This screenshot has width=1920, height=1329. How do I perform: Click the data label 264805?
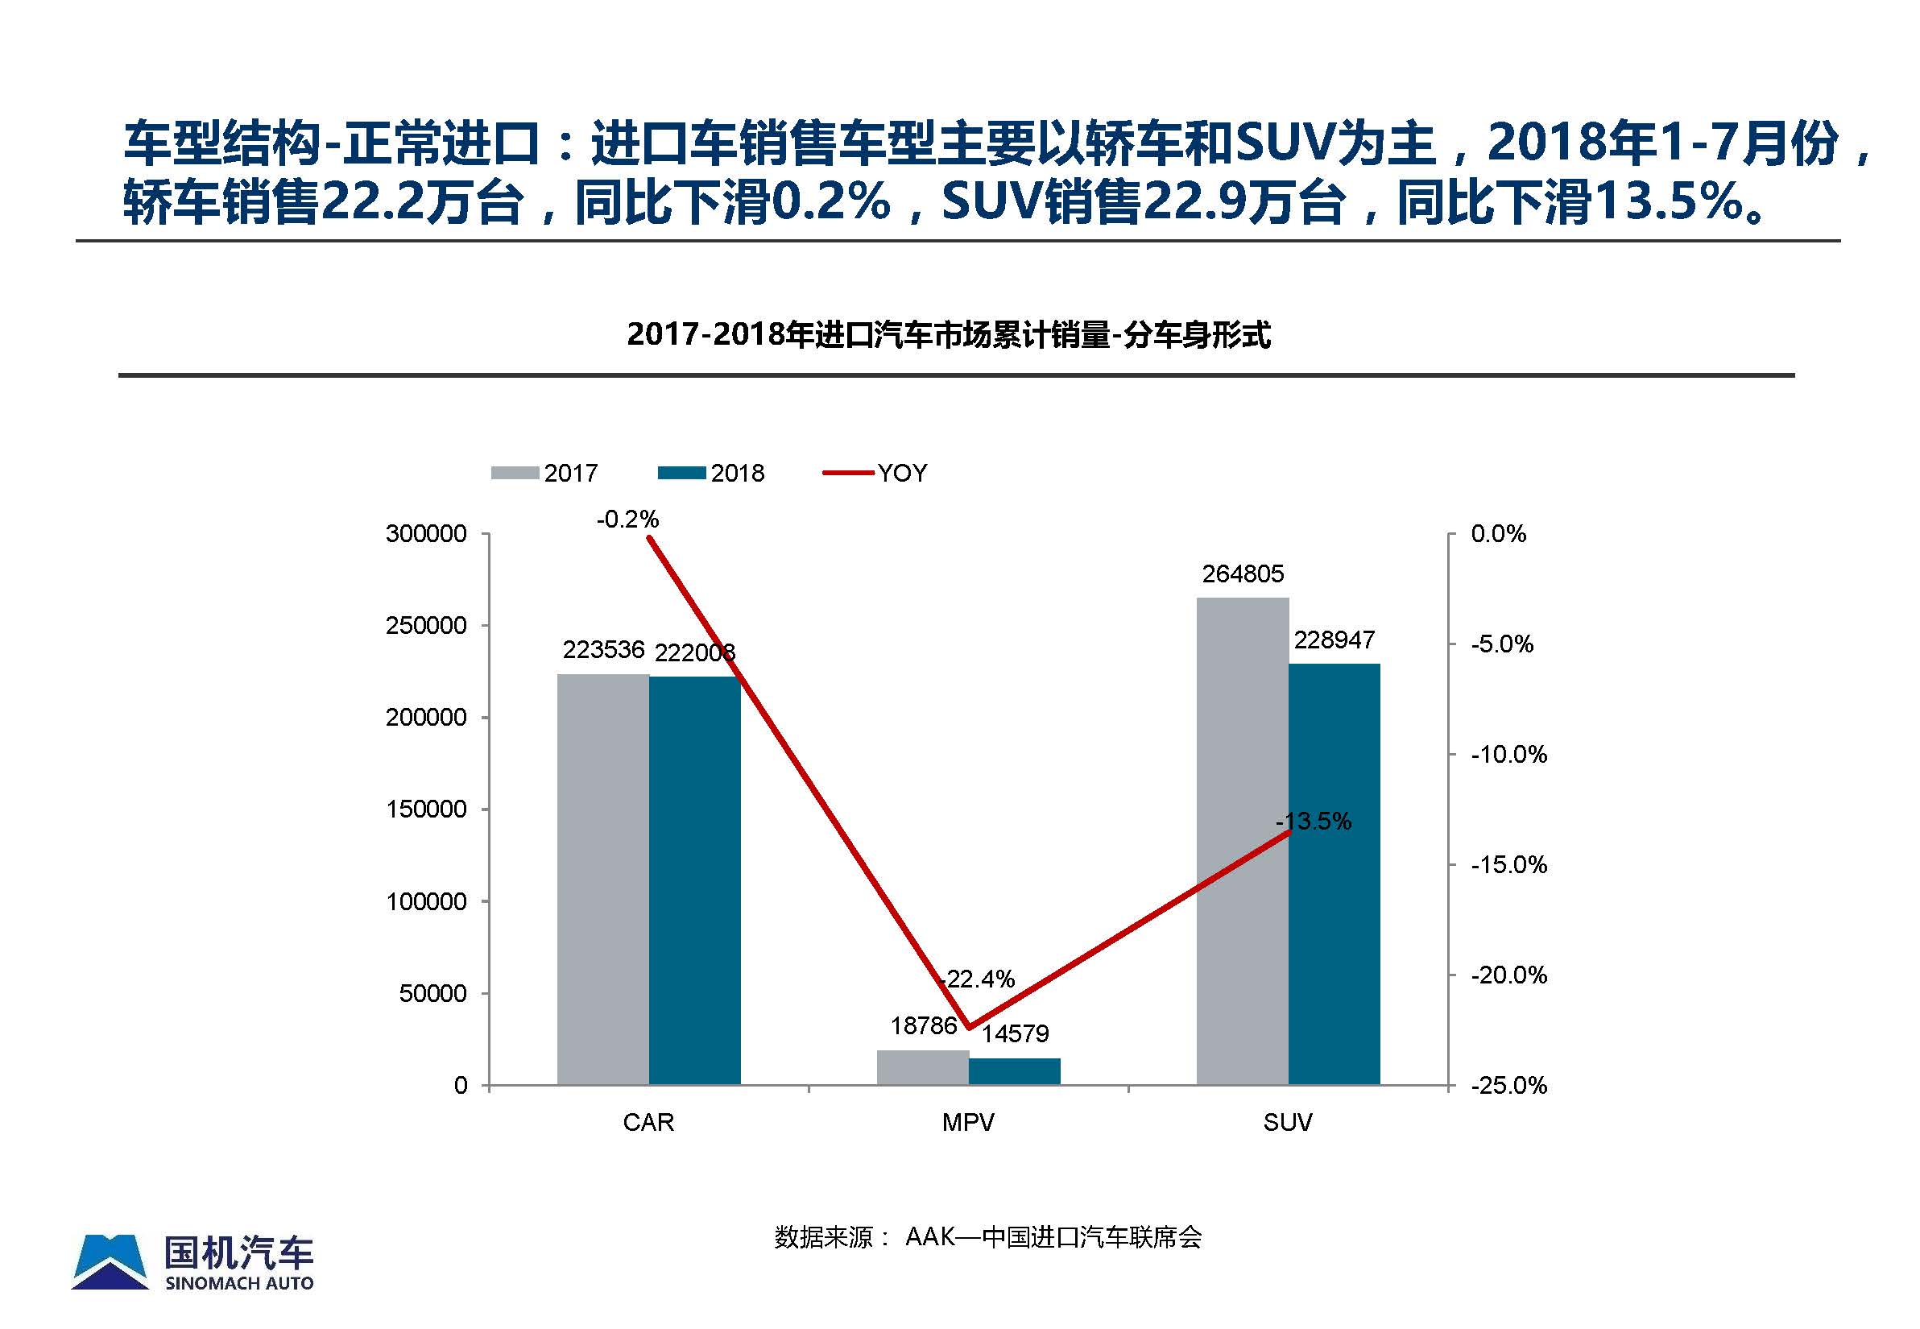[1242, 573]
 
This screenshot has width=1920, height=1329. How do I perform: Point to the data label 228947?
[1334, 640]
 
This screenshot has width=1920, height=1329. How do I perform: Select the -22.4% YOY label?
[978, 979]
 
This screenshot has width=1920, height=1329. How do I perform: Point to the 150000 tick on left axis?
[425, 809]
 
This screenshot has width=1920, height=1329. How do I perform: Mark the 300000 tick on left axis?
[425, 534]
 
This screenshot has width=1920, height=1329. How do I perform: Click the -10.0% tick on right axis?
[1508, 755]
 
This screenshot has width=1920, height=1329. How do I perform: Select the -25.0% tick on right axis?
[1508, 1085]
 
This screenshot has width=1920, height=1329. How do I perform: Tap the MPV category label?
[967, 1123]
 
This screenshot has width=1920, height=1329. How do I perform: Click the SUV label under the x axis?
[1287, 1123]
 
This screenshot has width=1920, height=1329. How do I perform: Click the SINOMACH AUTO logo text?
[239, 1283]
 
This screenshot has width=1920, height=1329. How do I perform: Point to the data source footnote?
[987, 1237]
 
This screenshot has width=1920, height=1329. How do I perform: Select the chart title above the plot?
[949, 335]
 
